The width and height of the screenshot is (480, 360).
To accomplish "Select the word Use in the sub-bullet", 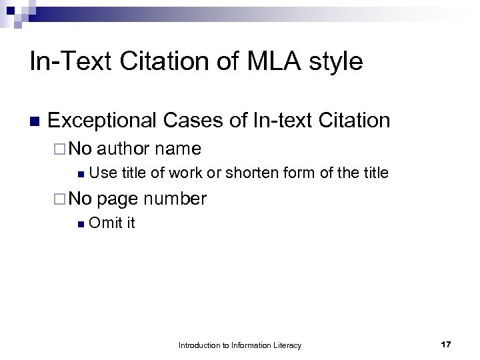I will pos(103,173).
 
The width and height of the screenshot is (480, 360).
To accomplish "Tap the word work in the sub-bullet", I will pos(185,173).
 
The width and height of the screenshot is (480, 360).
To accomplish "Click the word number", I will pos(175,198).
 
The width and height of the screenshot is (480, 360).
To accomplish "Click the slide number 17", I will pos(446,345).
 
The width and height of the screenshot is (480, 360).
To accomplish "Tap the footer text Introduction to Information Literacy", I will pos(240,345).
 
